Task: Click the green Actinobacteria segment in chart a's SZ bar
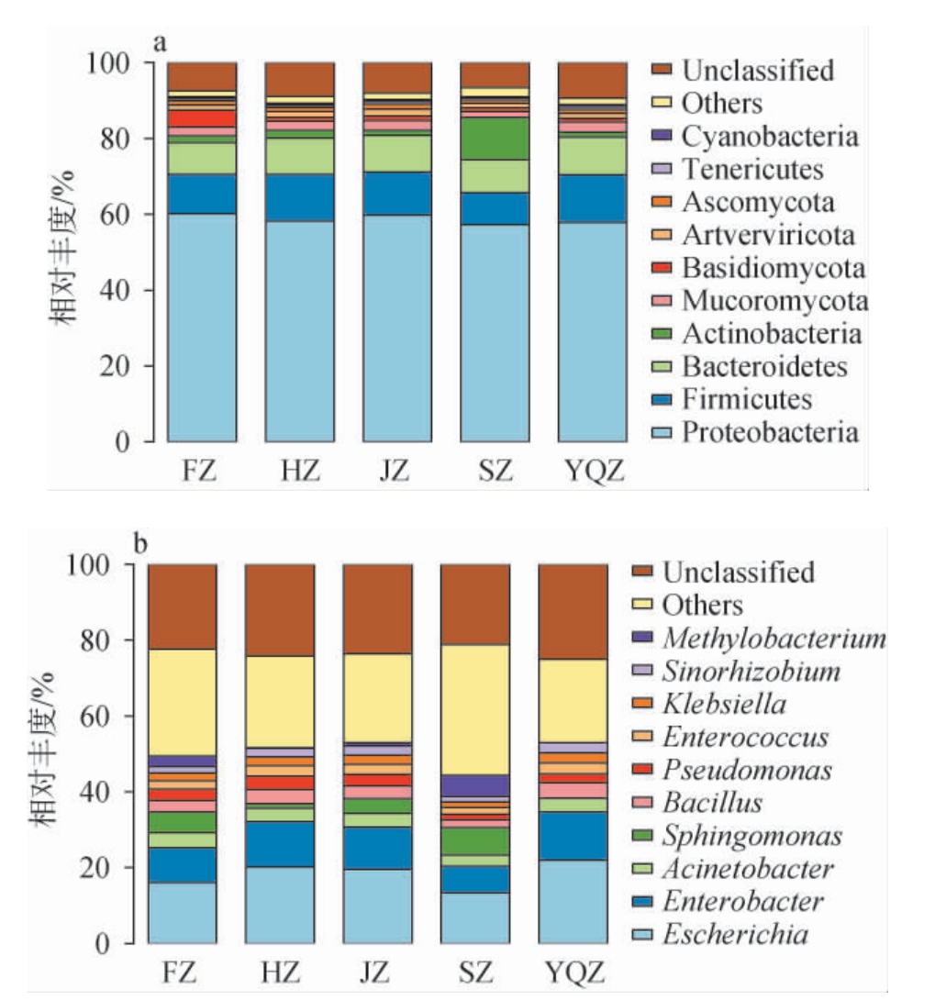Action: click(495, 138)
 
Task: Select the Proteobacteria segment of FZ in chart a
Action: click(202, 328)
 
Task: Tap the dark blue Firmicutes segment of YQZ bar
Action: click(592, 198)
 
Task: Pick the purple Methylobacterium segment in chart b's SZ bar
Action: click(474, 785)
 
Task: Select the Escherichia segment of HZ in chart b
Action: click(279, 905)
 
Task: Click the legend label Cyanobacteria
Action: click(770, 137)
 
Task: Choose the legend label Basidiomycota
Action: click(774, 268)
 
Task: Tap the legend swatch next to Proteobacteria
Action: click(662, 432)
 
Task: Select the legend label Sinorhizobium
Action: click(751, 672)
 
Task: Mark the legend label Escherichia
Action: click(736, 935)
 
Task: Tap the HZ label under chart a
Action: click(299, 473)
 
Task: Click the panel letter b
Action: click(140, 545)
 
